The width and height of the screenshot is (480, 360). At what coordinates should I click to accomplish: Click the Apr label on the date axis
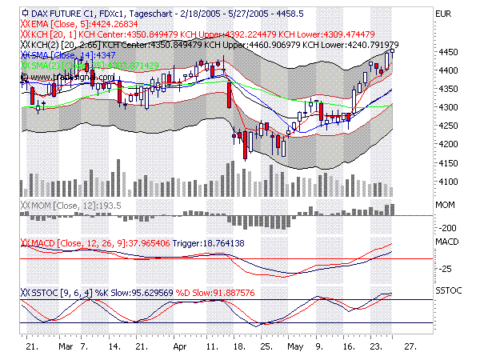(179, 349)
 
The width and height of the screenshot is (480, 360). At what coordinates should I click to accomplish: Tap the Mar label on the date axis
(66, 349)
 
